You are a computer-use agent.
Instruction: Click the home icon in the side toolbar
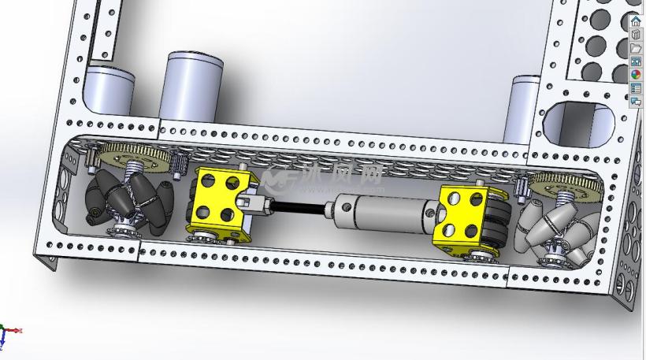tap(636, 22)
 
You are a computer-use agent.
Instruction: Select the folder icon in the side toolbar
tap(636, 48)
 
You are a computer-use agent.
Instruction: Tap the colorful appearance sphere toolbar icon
tap(636, 74)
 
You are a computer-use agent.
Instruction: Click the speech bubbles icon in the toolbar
tap(636, 101)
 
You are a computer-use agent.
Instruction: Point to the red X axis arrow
tap(17, 331)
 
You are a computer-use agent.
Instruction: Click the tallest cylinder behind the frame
tap(192, 87)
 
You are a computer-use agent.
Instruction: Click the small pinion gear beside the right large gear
tap(521, 190)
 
